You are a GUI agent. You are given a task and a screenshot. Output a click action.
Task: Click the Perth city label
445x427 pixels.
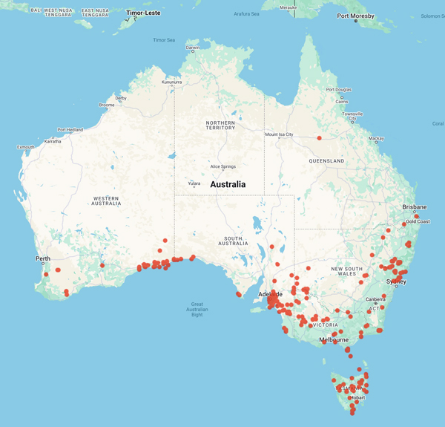coord(42,259)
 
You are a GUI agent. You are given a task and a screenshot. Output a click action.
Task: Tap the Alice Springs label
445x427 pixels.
coord(226,166)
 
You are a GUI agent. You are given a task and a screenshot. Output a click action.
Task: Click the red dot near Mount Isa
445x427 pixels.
coord(319,137)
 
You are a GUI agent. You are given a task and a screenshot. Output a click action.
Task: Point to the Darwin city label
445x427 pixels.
coord(193,48)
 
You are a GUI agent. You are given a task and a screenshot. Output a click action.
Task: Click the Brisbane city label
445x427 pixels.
coord(414,206)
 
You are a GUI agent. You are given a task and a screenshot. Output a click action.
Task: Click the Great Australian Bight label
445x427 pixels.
coord(197,309)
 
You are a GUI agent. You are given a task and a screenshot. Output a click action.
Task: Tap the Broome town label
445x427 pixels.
coord(106,105)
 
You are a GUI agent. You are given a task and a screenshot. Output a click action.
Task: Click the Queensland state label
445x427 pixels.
coord(327,160)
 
